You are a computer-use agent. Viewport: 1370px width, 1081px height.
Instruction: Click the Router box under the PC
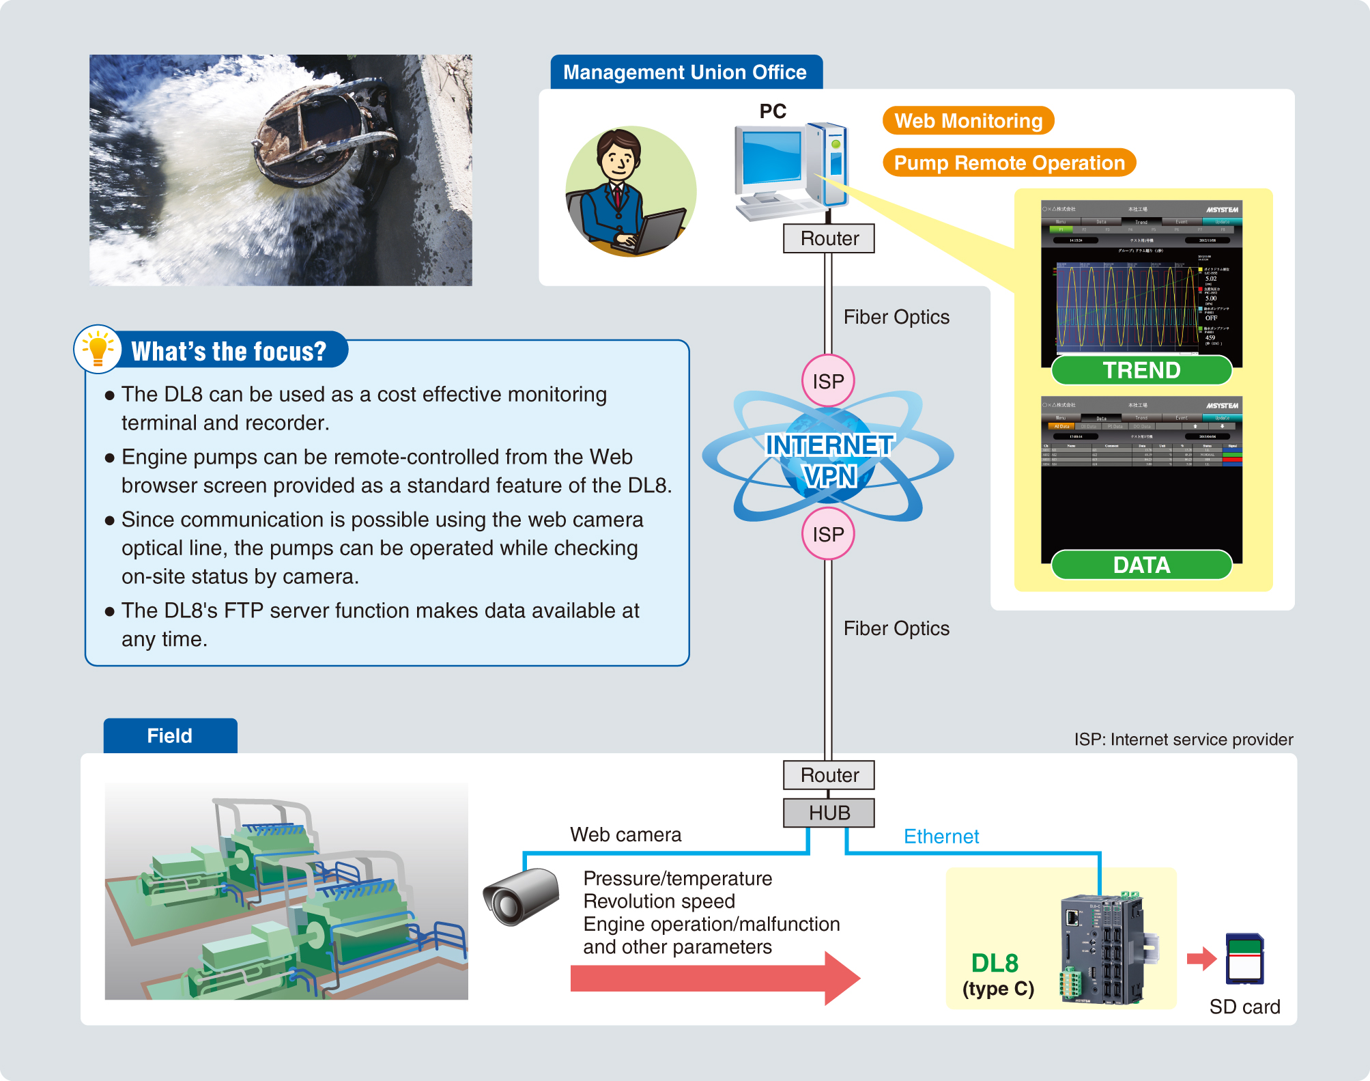pos(829,238)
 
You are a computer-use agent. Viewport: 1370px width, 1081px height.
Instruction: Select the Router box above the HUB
pos(829,775)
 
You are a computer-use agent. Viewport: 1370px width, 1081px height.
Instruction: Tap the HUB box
pos(829,813)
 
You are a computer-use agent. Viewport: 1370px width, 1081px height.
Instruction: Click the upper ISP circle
pos(828,381)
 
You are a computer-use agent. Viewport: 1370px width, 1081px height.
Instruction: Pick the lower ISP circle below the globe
pos(828,534)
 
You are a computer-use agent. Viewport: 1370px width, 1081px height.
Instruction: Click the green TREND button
pos(1141,370)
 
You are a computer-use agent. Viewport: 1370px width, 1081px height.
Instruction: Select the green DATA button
pos(1141,565)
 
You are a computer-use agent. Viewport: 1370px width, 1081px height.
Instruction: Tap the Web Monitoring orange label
pos(968,121)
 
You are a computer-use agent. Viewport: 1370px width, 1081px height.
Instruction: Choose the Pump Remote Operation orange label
pos(1009,163)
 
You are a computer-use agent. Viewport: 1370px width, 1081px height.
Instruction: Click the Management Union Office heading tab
pos(685,72)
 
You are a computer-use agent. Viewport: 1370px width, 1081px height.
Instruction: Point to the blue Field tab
pos(170,735)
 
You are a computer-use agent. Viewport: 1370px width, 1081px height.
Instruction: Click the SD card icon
pos(1244,959)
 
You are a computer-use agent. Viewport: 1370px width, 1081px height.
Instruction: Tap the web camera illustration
pos(521,897)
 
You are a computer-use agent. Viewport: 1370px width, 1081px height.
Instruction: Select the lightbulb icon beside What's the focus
pos(98,349)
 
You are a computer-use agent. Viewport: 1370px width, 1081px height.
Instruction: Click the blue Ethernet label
pos(941,837)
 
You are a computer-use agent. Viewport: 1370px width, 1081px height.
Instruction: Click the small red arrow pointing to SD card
pos(1201,959)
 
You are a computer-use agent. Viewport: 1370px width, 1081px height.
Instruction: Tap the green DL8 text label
pos(995,963)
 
